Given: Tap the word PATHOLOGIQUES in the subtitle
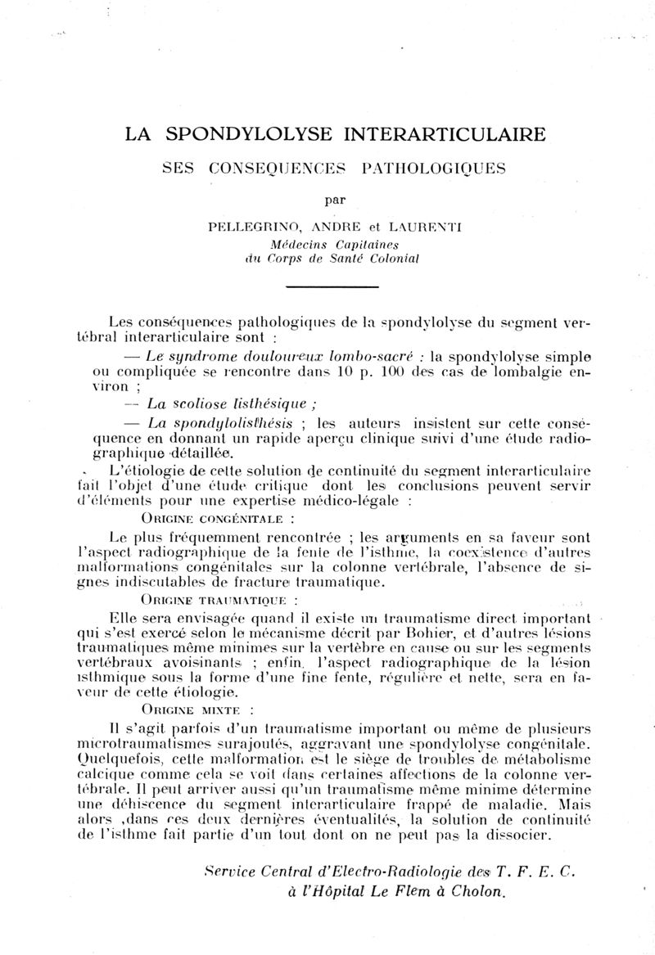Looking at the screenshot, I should click(427, 169).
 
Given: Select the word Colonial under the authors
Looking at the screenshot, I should click(389, 259).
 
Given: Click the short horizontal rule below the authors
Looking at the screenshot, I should click(331, 286).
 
